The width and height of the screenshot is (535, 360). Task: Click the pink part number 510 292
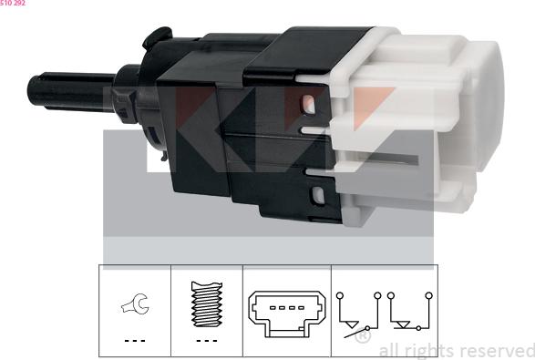[13, 3]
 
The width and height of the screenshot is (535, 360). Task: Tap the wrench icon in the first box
[135, 303]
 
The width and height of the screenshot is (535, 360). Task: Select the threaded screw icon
[207, 303]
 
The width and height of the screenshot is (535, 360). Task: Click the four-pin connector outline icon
[286, 314]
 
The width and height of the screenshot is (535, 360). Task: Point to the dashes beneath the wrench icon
[135, 341]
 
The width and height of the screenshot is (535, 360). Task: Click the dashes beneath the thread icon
[207, 341]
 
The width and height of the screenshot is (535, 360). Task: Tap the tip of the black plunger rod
[31, 90]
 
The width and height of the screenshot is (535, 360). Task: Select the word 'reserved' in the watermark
[499, 351]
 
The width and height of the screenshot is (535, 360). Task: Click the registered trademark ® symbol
[363, 336]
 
